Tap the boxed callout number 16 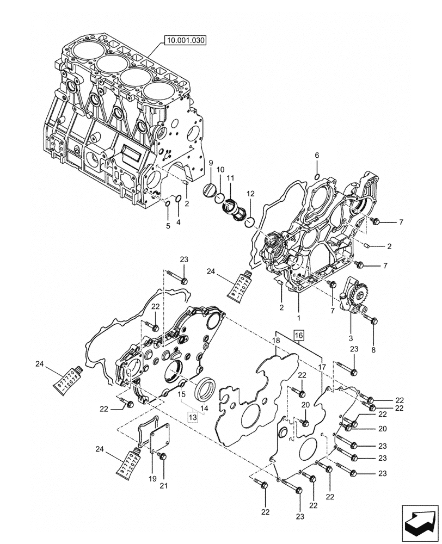[x=299, y=335]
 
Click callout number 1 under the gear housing [x=298, y=316]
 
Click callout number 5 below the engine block [x=168, y=225]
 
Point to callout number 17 [x=322, y=367]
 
